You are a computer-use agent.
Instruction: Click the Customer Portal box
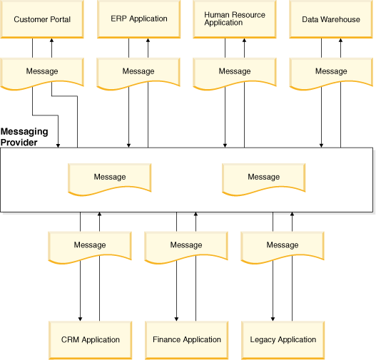point(42,19)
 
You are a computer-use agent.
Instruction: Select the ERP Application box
point(138,19)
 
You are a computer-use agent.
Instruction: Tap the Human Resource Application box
point(235,19)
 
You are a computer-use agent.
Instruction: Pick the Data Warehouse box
point(331,19)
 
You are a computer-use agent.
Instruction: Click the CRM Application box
point(90,340)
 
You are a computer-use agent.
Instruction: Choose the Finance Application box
point(186,340)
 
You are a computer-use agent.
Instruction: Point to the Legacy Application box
point(283,340)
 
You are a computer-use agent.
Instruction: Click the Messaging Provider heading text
point(24,137)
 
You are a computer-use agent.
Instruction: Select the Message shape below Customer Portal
point(42,73)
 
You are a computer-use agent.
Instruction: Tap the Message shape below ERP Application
point(138,73)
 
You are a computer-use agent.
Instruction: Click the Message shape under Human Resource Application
point(235,73)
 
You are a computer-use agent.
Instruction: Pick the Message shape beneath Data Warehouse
point(331,73)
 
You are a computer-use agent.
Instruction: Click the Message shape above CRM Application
point(90,247)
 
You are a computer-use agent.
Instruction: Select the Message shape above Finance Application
point(186,247)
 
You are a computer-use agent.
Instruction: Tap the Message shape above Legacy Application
point(283,247)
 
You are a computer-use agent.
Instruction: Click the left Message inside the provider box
point(110,179)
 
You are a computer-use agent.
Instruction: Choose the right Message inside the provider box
point(263,179)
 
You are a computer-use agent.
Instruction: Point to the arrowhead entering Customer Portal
point(51,40)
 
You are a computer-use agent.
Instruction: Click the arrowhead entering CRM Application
point(81,319)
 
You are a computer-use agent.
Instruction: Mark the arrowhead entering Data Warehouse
point(340,40)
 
